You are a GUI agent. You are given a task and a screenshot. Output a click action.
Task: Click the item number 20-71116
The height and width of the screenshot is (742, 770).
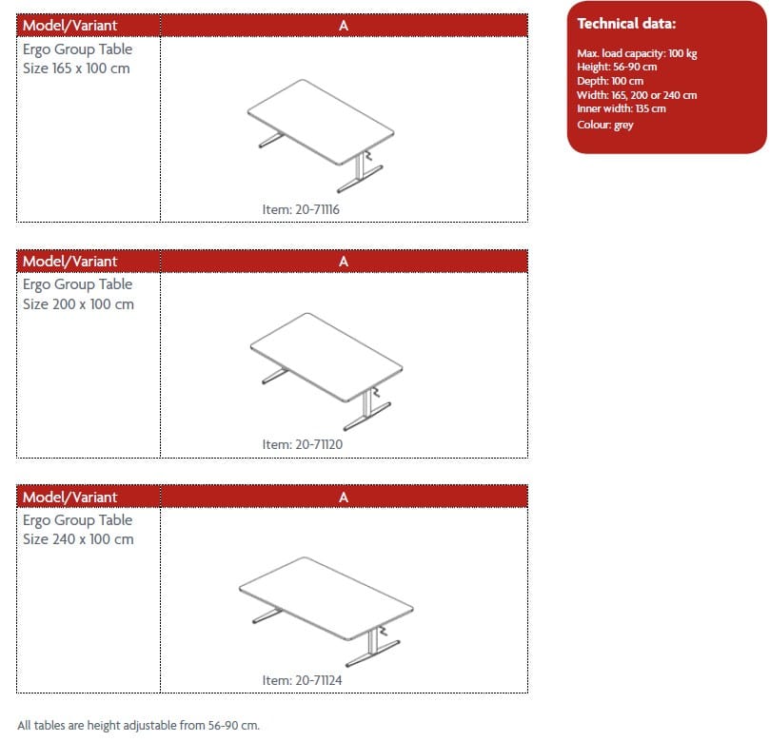click(301, 209)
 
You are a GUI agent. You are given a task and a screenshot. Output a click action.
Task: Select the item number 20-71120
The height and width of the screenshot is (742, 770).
click(302, 444)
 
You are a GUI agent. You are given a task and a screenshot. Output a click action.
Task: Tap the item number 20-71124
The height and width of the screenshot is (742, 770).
click(302, 680)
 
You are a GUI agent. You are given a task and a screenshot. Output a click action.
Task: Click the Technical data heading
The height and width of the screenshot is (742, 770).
click(626, 24)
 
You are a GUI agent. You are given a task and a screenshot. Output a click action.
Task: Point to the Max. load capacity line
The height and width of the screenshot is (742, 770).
click(637, 53)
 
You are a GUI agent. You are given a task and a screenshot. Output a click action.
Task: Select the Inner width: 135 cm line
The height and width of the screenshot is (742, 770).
click(622, 108)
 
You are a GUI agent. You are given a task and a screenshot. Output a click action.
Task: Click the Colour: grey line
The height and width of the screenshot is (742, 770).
click(605, 125)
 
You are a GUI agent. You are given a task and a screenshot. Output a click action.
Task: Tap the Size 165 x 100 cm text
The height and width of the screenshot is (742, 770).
click(76, 68)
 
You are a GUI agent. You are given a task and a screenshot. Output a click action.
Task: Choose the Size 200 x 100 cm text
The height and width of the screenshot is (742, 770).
click(78, 304)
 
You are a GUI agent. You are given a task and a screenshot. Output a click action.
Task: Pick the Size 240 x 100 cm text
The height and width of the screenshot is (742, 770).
click(78, 539)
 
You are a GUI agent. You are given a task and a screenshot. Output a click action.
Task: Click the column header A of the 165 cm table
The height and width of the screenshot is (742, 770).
click(344, 26)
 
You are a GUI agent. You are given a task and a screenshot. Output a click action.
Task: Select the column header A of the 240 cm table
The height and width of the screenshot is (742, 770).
click(344, 498)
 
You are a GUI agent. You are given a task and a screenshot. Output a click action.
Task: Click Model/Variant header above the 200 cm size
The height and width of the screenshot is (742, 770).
click(69, 261)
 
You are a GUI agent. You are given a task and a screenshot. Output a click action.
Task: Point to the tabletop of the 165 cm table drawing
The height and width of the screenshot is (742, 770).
click(321, 122)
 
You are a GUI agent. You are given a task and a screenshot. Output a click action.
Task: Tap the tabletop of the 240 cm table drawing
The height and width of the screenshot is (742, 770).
click(326, 598)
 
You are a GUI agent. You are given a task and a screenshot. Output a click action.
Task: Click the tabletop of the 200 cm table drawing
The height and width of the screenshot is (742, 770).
click(326, 358)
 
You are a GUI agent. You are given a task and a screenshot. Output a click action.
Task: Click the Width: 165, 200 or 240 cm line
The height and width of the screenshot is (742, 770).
click(637, 95)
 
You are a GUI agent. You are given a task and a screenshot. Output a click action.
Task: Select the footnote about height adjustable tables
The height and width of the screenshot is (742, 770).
click(138, 725)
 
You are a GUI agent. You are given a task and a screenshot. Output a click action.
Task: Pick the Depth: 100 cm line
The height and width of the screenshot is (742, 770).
click(610, 81)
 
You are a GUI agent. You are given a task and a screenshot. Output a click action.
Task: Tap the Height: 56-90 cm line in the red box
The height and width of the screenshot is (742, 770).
click(617, 67)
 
